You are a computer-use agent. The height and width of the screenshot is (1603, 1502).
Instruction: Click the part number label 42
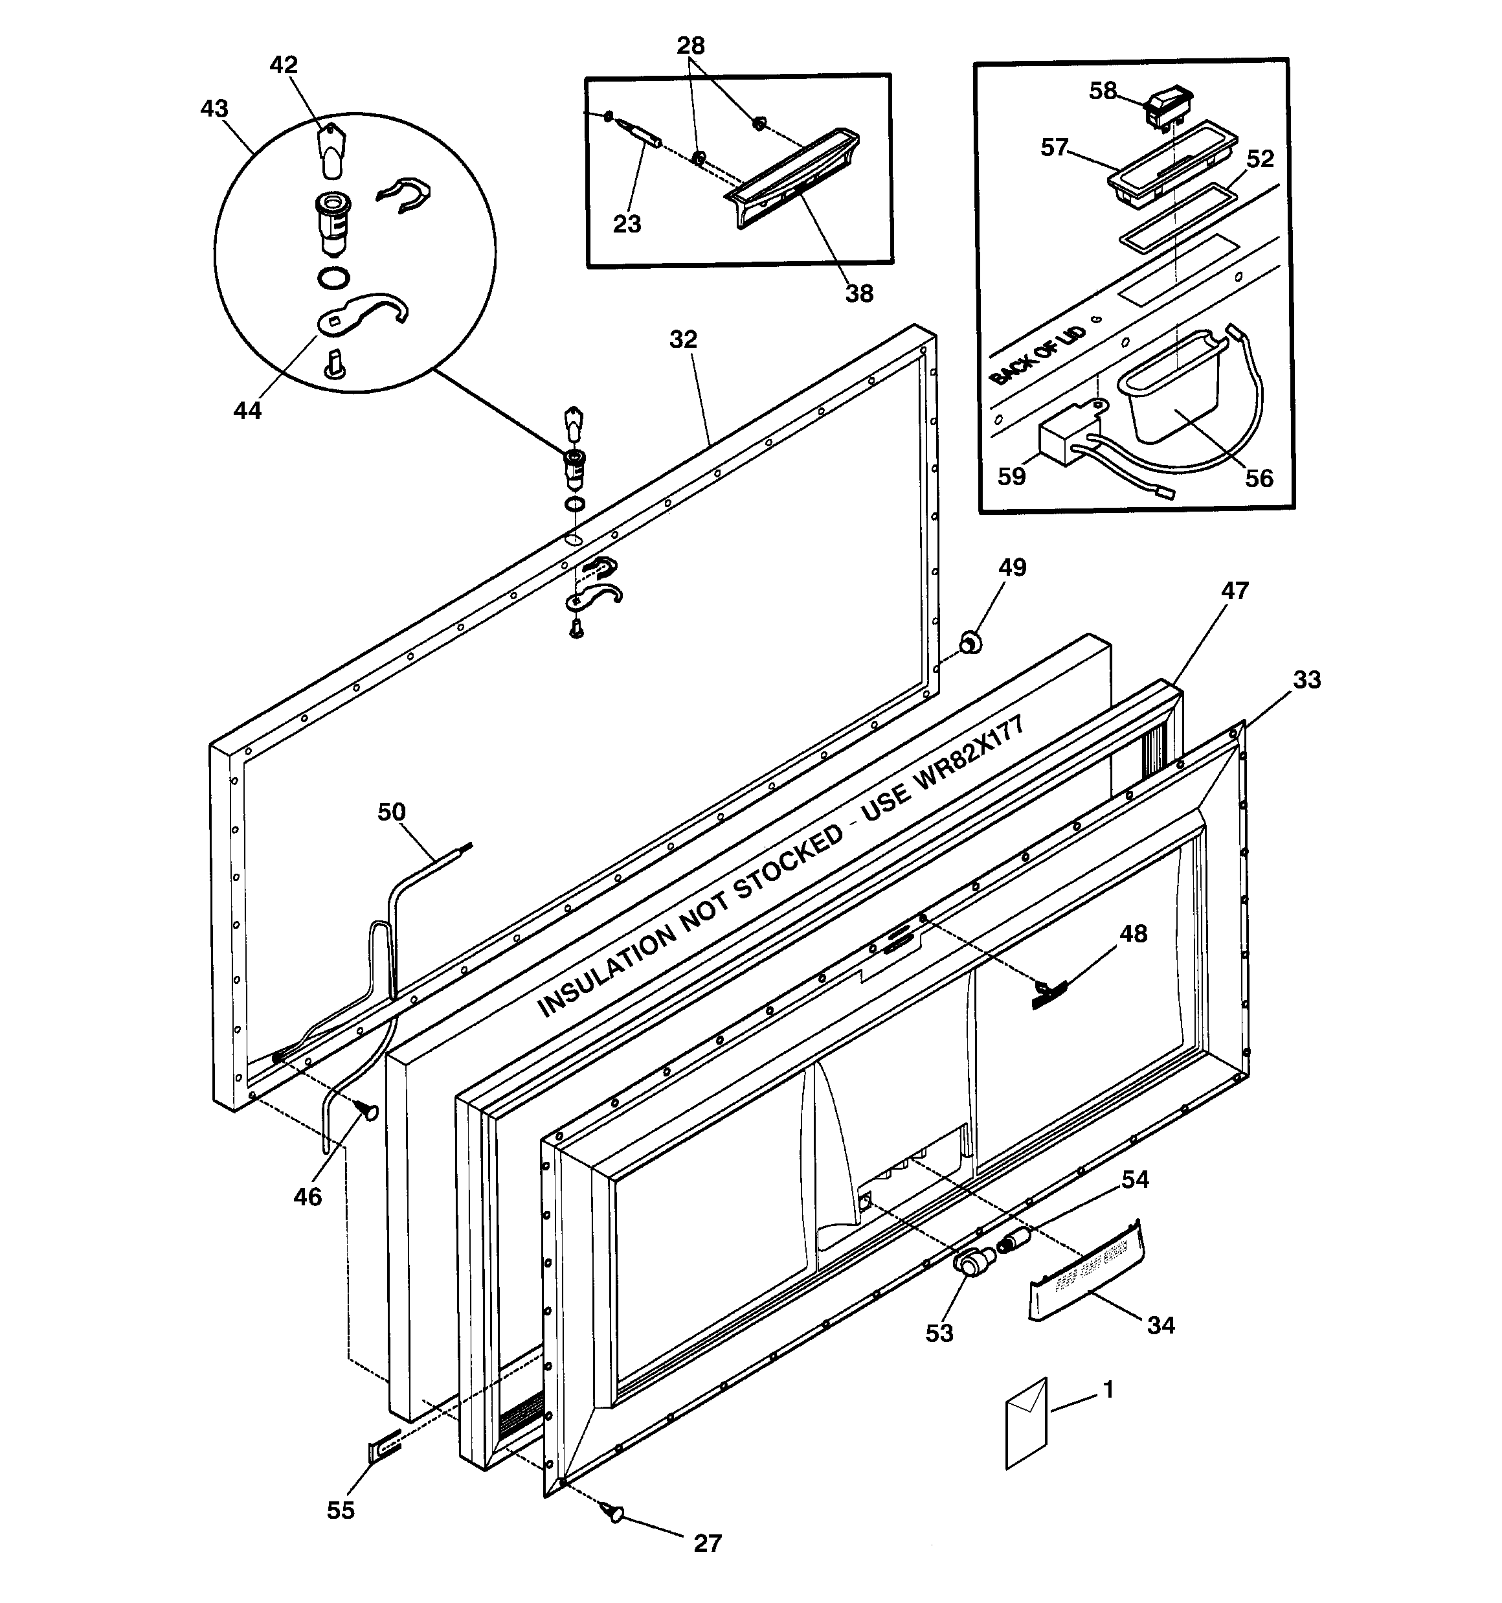pos(283,65)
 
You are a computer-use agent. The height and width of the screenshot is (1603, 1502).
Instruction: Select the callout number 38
pos(858,293)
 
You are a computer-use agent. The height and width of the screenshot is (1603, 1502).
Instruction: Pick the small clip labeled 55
pos(384,1448)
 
